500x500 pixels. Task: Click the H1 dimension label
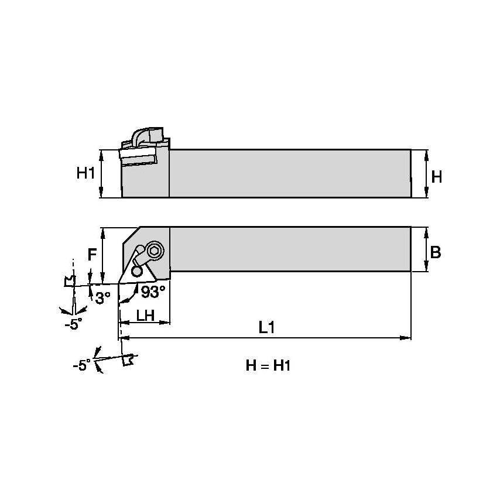click(x=85, y=173)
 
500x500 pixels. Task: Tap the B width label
click(x=435, y=252)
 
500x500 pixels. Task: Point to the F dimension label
click(x=92, y=255)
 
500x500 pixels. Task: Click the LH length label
click(x=145, y=315)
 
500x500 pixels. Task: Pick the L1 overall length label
click(x=267, y=328)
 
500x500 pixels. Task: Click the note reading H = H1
click(x=268, y=366)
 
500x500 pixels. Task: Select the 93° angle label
click(x=152, y=290)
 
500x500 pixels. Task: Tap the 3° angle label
click(x=102, y=298)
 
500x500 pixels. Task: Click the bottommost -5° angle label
click(x=82, y=365)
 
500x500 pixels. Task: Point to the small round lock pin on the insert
click(x=137, y=272)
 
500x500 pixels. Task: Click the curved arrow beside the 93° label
click(x=129, y=296)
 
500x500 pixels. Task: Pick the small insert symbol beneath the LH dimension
click(x=128, y=361)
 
